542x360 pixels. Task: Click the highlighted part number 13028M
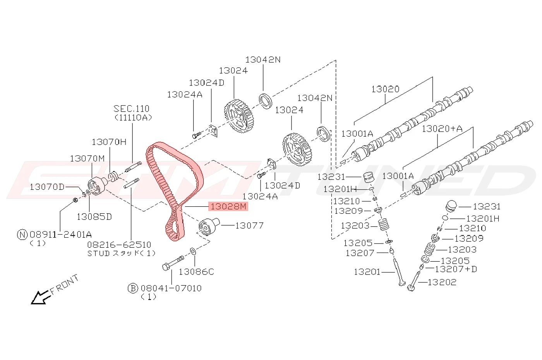228,207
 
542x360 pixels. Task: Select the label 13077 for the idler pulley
249,226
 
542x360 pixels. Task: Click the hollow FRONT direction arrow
40,297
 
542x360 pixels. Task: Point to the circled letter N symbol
22,235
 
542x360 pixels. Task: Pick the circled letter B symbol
132,288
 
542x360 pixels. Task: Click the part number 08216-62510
119,245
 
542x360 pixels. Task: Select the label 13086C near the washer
196,272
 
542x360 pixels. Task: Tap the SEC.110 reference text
132,109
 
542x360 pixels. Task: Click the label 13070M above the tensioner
87,159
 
